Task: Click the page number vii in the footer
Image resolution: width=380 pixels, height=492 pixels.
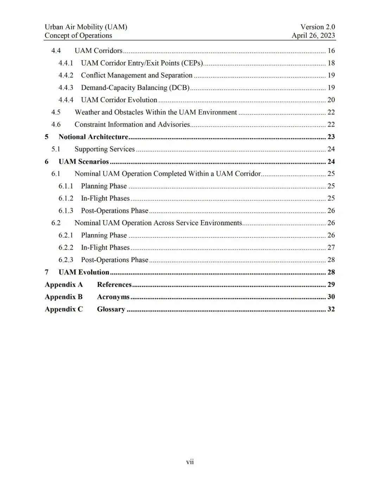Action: point(190,462)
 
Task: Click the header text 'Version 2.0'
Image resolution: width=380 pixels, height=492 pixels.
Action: point(317,27)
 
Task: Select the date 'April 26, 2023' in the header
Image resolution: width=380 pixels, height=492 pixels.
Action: point(313,35)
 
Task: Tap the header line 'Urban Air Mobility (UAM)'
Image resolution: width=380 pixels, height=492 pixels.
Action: point(86,27)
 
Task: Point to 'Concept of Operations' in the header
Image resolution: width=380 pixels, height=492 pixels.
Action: point(78,35)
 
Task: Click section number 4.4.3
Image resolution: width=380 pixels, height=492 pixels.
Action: point(66,87)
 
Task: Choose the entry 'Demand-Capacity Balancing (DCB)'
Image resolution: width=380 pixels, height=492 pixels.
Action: point(135,87)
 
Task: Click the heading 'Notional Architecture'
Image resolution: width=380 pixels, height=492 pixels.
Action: point(93,137)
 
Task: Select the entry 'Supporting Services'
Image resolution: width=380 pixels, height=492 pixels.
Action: point(104,149)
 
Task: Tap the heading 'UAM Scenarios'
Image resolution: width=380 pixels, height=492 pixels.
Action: point(84,161)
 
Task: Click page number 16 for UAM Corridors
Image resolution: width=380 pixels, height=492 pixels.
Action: point(331,50)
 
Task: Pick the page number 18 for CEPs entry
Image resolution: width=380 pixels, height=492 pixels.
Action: point(331,63)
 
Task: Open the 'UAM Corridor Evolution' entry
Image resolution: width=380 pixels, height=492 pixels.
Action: point(119,100)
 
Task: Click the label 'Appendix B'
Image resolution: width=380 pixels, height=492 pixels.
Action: point(64,297)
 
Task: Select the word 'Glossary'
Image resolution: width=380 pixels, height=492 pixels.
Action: point(111,309)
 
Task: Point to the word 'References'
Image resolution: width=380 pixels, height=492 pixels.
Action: point(114,284)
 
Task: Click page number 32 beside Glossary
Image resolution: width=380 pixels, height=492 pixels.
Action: point(331,309)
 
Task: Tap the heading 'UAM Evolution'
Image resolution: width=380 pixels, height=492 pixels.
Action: point(84,272)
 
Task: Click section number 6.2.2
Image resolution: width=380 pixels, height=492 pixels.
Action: point(66,247)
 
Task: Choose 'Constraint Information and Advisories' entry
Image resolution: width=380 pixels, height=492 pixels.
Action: point(132,124)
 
